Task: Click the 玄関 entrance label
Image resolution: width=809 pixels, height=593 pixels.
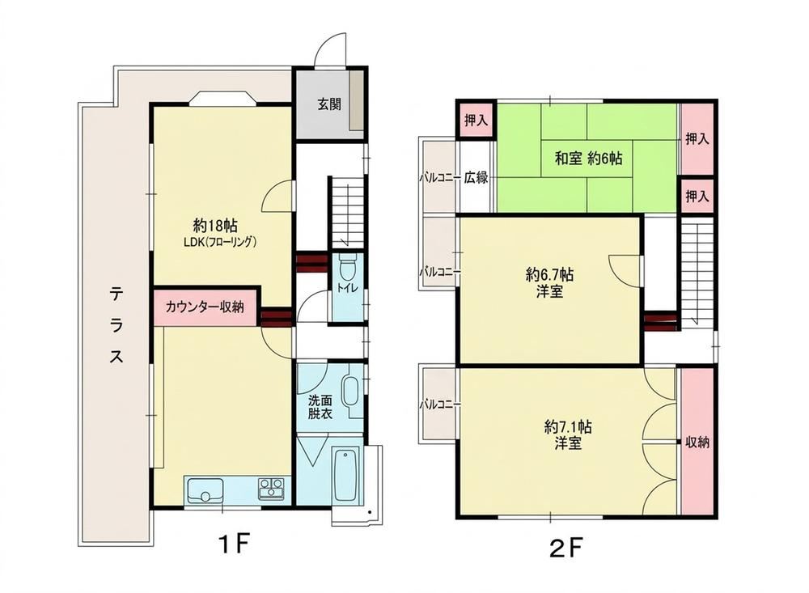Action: [x=328, y=104]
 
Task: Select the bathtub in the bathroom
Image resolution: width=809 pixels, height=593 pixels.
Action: [x=345, y=475]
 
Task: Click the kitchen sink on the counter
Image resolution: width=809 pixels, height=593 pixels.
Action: [x=205, y=490]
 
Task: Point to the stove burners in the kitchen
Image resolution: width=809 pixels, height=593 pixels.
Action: [x=271, y=488]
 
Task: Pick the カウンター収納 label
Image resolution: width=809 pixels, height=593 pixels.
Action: [x=205, y=307]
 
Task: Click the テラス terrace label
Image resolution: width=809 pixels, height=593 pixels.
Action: [x=116, y=325]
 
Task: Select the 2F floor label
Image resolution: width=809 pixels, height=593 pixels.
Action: [x=566, y=548]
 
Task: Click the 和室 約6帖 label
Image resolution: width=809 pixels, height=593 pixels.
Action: [x=588, y=158]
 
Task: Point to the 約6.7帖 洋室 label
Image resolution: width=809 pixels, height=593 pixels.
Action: [x=549, y=283]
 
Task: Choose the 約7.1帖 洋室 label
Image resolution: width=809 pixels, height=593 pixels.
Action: [x=568, y=434]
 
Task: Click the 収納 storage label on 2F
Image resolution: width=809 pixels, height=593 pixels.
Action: [x=697, y=443]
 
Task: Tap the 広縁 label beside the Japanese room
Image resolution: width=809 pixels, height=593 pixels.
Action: [x=476, y=177]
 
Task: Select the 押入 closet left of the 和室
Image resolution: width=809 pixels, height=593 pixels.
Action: [x=476, y=121]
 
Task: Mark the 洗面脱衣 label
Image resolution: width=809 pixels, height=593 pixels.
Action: [x=320, y=406]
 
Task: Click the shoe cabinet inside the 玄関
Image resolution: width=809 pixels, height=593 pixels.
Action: [x=357, y=100]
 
